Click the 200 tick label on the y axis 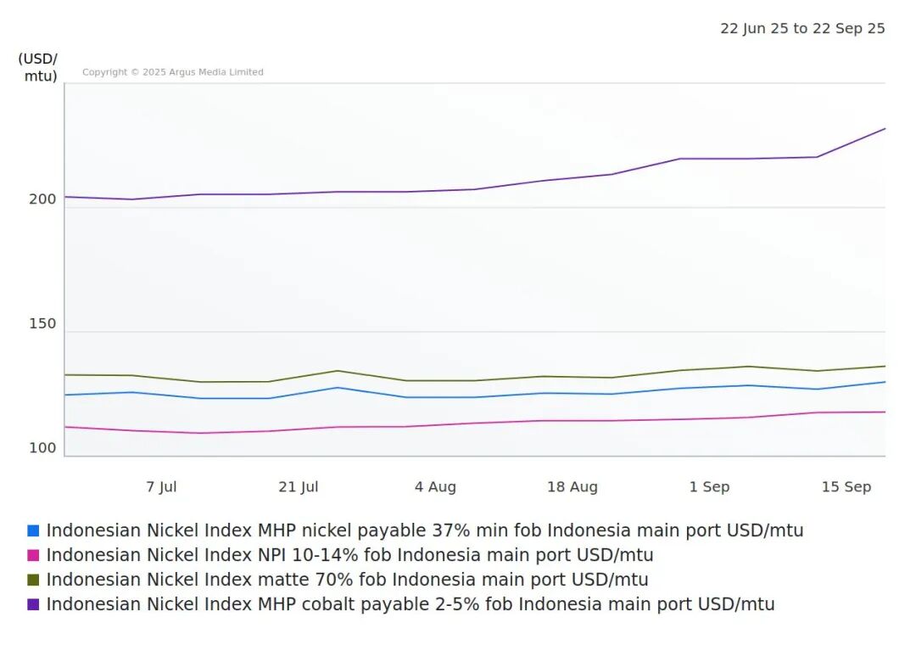click(x=42, y=199)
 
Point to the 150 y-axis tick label click(x=42, y=323)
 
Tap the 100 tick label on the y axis click(x=42, y=448)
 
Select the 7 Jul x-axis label click(x=161, y=487)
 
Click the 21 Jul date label click(x=299, y=487)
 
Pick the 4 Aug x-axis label click(x=435, y=487)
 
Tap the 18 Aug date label click(x=572, y=487)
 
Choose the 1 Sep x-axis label click(x=709, y=487)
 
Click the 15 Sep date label click(x=846, y=487)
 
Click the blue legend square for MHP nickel click(x=33, y=531)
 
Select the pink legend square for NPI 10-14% click(x=33, y=556)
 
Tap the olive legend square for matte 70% click(x=33, y=580)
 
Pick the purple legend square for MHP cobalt click(x=33, y=605)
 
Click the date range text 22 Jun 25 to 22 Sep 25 click(x=802, y=29)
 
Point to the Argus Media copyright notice click(x=173, y=73)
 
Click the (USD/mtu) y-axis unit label click(x=38, y=68)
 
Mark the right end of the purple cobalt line click(x=885, y=129)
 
